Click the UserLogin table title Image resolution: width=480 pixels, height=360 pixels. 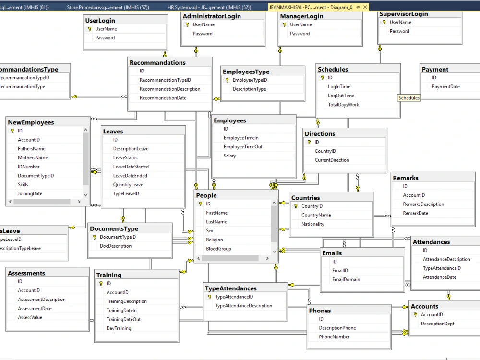click(100, 21)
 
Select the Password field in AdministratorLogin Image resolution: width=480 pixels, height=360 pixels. click(203, 34)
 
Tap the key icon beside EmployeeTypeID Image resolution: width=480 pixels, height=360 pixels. click(227, 80)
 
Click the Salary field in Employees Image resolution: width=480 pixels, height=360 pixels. click(230, 156)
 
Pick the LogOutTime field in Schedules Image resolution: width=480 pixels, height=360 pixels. click(341, 96)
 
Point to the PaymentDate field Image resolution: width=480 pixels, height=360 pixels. click(445, 87)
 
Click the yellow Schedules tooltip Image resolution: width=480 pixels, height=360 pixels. click(409, 98)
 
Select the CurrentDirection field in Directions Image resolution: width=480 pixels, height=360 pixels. click(332, 160)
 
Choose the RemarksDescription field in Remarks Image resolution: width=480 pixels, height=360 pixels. click(423, 204)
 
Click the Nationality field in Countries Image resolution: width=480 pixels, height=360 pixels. click(312, 224)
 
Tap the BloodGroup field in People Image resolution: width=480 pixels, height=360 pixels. click(218, 249)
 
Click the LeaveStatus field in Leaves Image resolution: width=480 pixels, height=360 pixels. click(125, 158)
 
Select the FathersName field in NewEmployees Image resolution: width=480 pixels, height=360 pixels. click(32, 149)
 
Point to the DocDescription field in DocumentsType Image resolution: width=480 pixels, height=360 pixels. click(116, 246)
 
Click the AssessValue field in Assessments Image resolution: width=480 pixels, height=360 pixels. click(30, 318)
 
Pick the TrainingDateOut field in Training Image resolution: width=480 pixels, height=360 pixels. click(123, 320)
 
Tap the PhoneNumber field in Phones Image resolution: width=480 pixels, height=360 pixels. click(334, 337)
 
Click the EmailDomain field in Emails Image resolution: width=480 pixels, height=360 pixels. click(346, 280)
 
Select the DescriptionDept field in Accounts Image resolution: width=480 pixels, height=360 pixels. click(437, 324)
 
